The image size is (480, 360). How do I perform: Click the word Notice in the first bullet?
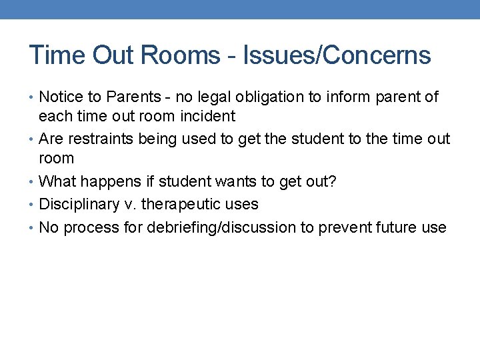pyautogui.click(x=61, y=97)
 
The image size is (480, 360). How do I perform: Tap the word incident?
pyautogui.click(x=207, y=116)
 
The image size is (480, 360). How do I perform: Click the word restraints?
pyautogui.click(x=101, y=139)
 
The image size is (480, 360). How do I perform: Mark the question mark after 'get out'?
pyautogui.click(x=332, y=182)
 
